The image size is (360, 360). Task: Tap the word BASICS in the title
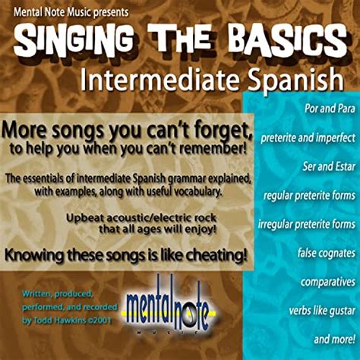pos(282,38)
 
